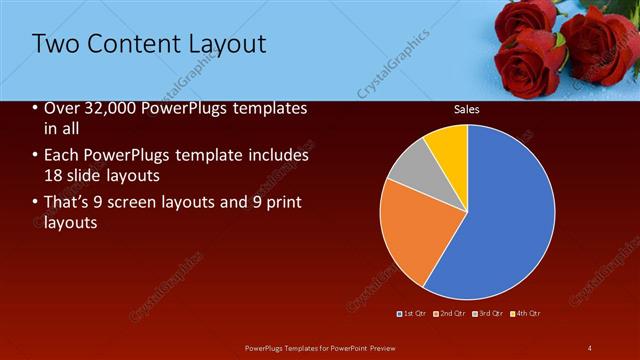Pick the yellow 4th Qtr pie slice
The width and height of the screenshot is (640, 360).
coord(448,148)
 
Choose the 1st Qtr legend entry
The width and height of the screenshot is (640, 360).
coord(414,313)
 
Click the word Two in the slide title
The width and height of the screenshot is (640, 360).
coord(56,44)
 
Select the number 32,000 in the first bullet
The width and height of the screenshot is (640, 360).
coord(109,109)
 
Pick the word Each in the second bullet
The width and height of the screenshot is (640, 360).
coord(61,156)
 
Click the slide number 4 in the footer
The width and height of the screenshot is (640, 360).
coord(590,347)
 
